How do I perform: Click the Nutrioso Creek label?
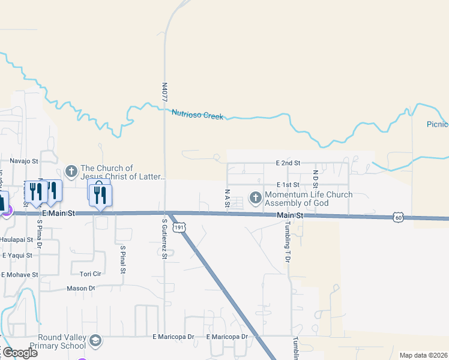(x=197, y=114)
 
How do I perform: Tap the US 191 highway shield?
(x=178, y=227)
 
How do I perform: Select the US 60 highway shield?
(x=398, y=217)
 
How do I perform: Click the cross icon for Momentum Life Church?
(x=255, y=197)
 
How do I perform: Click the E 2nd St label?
(x=288, y=163)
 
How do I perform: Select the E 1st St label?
(x=288, y=185)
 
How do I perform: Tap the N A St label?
(x=228, y=199)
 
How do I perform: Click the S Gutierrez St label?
(x=164, y=239)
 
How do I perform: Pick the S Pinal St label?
(x=122, y=259)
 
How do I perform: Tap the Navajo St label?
(x=24, y=161)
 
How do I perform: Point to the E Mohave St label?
(x=19, y=275)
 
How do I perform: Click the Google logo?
(x=19, y=352)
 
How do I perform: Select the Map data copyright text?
(x=423, y=355)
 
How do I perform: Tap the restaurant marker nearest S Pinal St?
(x=100, y=195)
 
